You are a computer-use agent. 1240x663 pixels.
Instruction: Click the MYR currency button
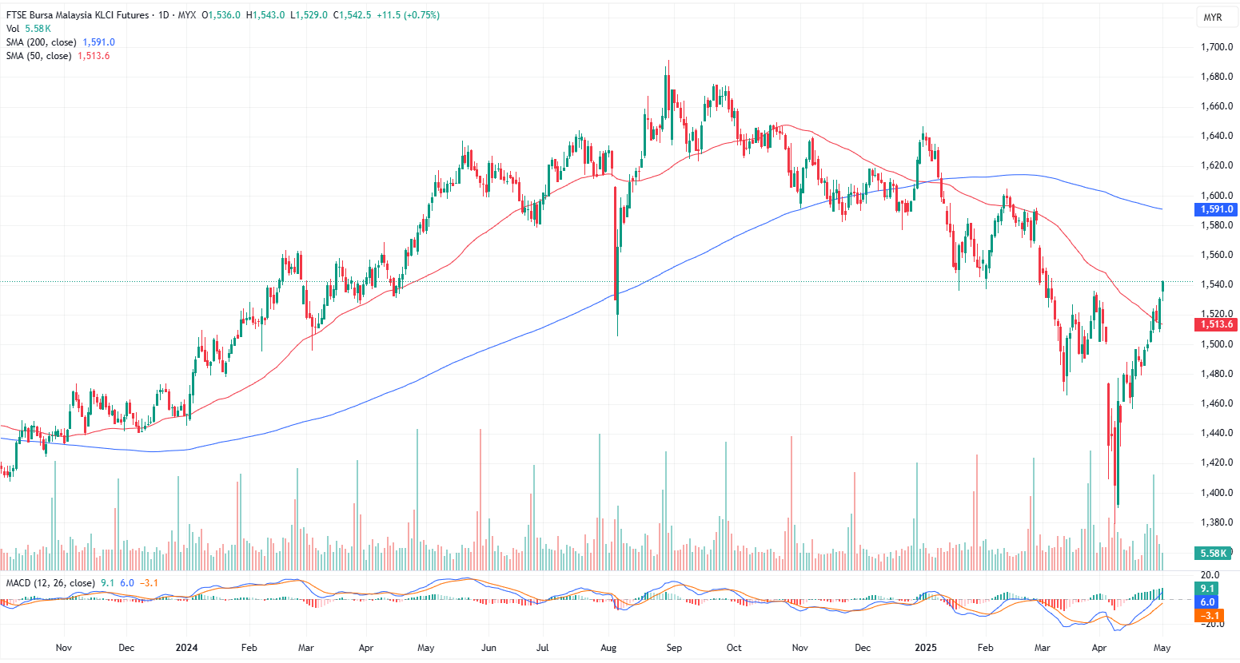(x=1212, y=18)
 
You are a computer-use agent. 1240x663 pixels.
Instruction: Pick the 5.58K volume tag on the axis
(x=1213, y=553)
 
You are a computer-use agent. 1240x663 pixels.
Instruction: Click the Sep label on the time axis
(x=674, y=648)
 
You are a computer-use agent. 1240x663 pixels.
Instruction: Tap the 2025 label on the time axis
(x=926, y=648)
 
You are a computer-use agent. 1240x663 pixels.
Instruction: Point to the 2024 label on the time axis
(x=186, y=648)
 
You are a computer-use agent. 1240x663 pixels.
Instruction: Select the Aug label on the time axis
(x=608, y=648)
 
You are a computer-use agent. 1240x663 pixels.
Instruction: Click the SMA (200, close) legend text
(x=42, y=42)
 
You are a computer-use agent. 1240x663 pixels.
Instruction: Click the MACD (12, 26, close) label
(x=50, y=583)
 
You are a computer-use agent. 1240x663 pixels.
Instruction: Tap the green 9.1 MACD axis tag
(x=1207, y=589)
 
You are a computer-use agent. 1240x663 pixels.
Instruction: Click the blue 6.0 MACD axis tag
(x=1207, y=602)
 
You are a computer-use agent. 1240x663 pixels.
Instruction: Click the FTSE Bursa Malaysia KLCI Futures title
(x=78, y=15)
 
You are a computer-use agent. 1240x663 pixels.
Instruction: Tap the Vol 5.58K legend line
(x=29, y=29)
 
